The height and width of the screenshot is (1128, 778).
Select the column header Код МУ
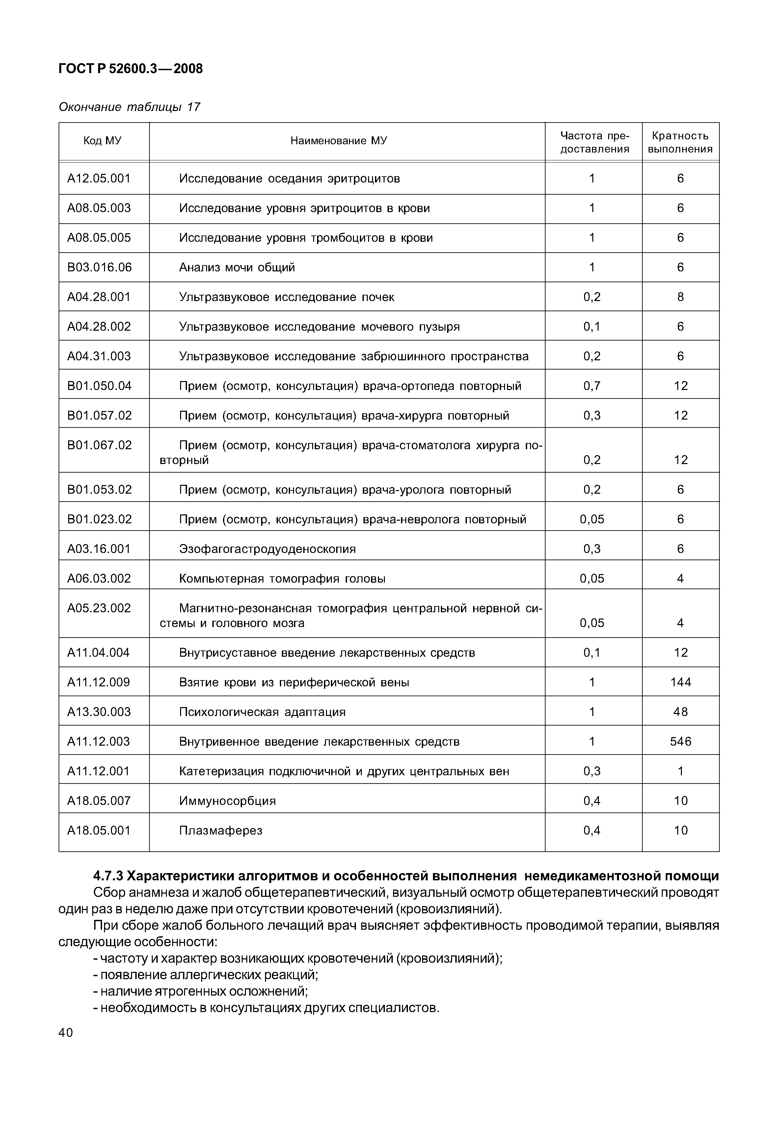[102, 141]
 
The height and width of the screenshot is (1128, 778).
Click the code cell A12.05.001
[99, 179]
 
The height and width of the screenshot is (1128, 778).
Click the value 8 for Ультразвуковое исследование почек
[681, 297]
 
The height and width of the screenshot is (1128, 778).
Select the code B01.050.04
[99, 386]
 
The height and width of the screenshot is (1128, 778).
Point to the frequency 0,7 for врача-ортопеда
[592, 386]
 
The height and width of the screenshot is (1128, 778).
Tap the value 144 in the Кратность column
[681, 682]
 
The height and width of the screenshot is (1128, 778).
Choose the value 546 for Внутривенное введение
[681, 741]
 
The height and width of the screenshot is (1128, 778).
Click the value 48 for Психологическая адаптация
[681, 712]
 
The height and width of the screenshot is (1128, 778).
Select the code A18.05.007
[99, 801]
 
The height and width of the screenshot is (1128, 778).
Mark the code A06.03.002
[99, 579]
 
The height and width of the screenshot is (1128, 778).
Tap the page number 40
[66, 1032]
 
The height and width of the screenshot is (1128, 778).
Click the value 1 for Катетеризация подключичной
[681, 771]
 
